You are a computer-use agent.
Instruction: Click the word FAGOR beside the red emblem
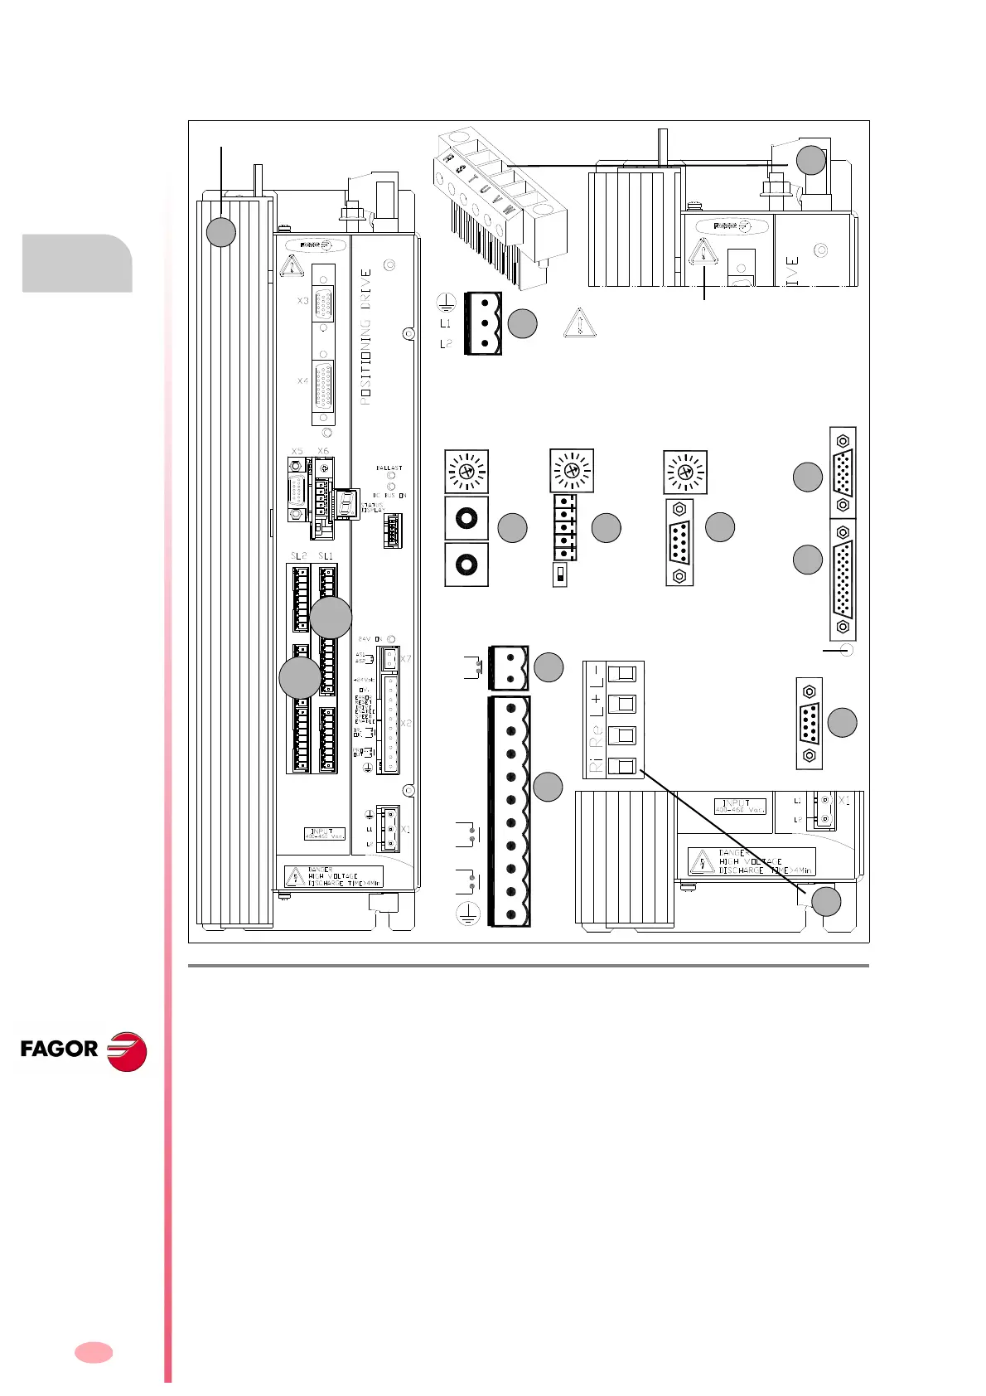tap(59, 1049)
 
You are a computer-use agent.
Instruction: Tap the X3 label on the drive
tap(303, 300)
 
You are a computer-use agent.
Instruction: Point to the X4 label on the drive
tap(303, 381)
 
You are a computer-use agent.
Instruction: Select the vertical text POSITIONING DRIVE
tap(366, 337)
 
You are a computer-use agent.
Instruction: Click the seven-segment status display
tap(349, 502)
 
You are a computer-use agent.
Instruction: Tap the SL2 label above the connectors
tap(298, 555)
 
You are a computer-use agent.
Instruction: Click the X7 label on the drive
tap(405, 659)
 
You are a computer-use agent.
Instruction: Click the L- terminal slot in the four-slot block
tap(621, 673)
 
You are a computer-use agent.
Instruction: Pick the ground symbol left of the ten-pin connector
tap(468, 914)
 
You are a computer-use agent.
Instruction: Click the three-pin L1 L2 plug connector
tap(483, 323)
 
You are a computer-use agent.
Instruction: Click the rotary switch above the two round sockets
tap(466, 472)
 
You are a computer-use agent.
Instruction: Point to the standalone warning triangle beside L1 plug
tap(579, 322)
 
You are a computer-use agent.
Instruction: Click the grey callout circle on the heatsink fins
tap(220, 232)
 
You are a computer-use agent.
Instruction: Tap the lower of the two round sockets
tap(466, 565)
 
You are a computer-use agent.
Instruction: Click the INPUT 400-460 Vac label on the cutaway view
tap(739, 806)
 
